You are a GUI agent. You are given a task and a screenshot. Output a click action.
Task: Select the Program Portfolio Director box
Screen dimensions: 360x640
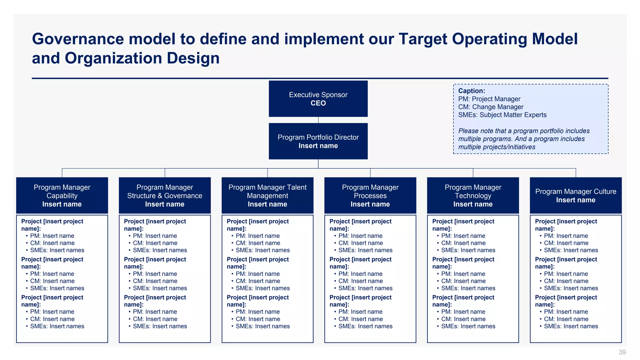coord(318,141)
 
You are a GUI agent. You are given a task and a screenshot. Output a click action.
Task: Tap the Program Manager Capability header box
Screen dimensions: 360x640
coord(62,195)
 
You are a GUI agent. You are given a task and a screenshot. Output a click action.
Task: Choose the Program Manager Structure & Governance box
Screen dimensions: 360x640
coord(165,195)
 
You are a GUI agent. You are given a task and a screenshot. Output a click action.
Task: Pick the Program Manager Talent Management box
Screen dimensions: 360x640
coord(267,195)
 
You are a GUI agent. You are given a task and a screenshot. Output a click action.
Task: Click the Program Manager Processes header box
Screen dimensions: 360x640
coord(370,195)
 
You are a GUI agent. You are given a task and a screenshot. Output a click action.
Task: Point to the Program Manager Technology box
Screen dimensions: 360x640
coord(473,195)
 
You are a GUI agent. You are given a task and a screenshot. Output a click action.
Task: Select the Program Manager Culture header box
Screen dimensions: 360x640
coord(576,195)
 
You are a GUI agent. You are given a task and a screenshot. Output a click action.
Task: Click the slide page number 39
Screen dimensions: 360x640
coord(622,352)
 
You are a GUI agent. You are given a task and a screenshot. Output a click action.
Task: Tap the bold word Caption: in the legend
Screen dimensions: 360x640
coord(472,91)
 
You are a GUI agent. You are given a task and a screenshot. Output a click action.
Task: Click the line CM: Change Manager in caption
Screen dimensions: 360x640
coord(491,107)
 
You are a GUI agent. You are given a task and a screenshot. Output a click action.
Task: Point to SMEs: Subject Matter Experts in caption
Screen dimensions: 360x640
coord(502,115)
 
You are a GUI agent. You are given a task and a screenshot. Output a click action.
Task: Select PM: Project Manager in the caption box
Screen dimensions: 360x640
coord(489,99)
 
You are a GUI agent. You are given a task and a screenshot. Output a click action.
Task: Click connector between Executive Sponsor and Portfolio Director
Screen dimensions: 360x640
coord(318,120)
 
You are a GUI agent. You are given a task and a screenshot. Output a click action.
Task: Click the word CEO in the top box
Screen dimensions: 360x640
coord(318,103)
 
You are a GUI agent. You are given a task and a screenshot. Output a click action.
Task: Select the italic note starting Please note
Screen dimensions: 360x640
coord(524,139)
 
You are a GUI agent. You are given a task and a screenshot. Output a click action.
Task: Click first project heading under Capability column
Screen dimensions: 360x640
coord(52,225)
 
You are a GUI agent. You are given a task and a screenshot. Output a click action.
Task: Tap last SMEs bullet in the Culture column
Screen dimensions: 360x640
coord(571,326)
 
